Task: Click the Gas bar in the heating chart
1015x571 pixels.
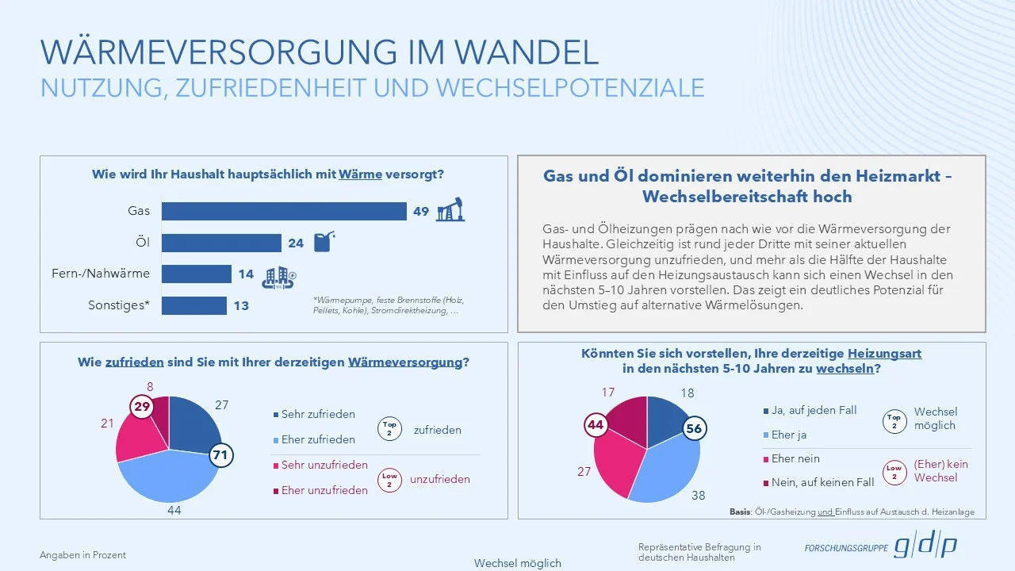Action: (x=284, y=211)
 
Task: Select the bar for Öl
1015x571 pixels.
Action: (x=222, y=243)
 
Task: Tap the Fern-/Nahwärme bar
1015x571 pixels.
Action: (x=197, y=274)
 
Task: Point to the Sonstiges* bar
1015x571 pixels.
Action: (x=194, y=305)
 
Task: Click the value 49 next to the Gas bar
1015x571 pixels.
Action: (x=421, y=211)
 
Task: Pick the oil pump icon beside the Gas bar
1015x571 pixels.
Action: (x=450, y=209)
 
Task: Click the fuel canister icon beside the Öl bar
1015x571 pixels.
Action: (x=324, y=241)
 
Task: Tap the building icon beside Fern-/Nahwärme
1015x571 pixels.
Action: (x=278, y=275)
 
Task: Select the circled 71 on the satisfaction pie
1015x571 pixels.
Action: (x=221, y=455)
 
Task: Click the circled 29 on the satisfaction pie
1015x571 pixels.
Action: (x=142, y=407)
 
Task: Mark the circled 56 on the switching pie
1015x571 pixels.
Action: (x=694, y=428)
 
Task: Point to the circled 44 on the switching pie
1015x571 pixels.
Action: (x=596, y=425)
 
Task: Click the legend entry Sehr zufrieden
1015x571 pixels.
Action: (x=318, y=414)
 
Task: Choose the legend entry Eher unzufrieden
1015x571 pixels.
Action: (x=324, y=490)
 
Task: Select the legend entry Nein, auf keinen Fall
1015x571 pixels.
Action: (x=823, y=482)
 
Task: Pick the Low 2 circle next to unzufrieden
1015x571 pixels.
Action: (x=389, y=480)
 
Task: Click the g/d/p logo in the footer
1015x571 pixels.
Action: (x=926, y=546)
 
